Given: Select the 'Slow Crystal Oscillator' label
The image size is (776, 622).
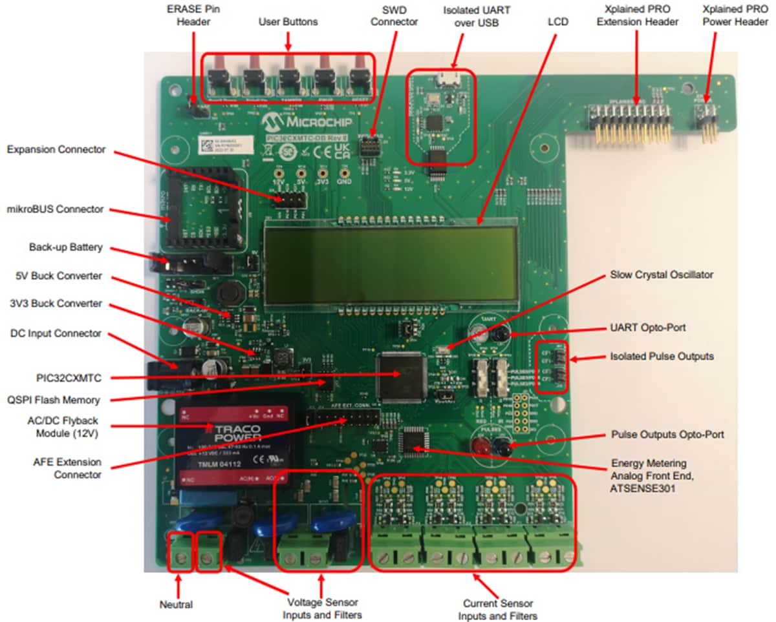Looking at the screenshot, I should point(662,275).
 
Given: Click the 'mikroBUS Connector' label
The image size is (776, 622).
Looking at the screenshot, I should point(56,209).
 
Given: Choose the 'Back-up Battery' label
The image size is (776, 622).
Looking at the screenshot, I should point(65,247).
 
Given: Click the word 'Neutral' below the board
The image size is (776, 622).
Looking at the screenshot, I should point(176,605).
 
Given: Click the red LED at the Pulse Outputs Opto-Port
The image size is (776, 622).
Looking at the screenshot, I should point(480,445).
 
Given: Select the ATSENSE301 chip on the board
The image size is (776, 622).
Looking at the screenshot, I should point(411,440).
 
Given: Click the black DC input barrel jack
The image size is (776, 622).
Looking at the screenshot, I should point(162,375).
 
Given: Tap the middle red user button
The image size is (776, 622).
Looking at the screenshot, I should point(288,75).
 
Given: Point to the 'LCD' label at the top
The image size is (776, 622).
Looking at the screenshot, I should point(557,21).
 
